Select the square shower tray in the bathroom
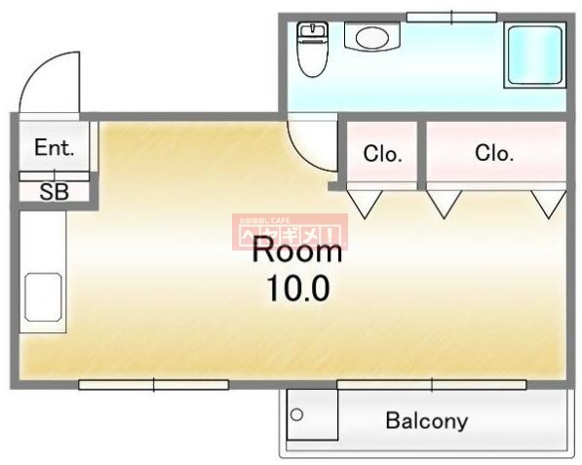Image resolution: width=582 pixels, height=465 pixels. coord(533,57)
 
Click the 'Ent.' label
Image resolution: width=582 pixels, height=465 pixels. coord(54,148)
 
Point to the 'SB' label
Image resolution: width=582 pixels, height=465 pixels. coord(54,192)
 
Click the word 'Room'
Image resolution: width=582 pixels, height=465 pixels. coord(297,252)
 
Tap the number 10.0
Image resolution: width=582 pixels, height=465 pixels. coord(297,289)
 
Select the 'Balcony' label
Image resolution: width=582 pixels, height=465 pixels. coord(426,422)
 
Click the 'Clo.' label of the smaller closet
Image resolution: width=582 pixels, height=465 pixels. coord(383,153)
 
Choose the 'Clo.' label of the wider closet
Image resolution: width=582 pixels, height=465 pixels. coord(494,153)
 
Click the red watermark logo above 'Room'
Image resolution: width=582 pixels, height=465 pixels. coord(289,231)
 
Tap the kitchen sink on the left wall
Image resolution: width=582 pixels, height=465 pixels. coord(43,296)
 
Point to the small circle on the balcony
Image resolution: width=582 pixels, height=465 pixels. coord(297,414)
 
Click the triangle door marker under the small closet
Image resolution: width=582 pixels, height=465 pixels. coord(367,203)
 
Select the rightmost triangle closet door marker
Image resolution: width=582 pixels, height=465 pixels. coord(548,203)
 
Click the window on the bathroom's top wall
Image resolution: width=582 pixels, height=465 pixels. coord(450,17)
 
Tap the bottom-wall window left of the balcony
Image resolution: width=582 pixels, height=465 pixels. coord(153,385)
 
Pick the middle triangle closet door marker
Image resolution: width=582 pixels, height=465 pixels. coord(444,203)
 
